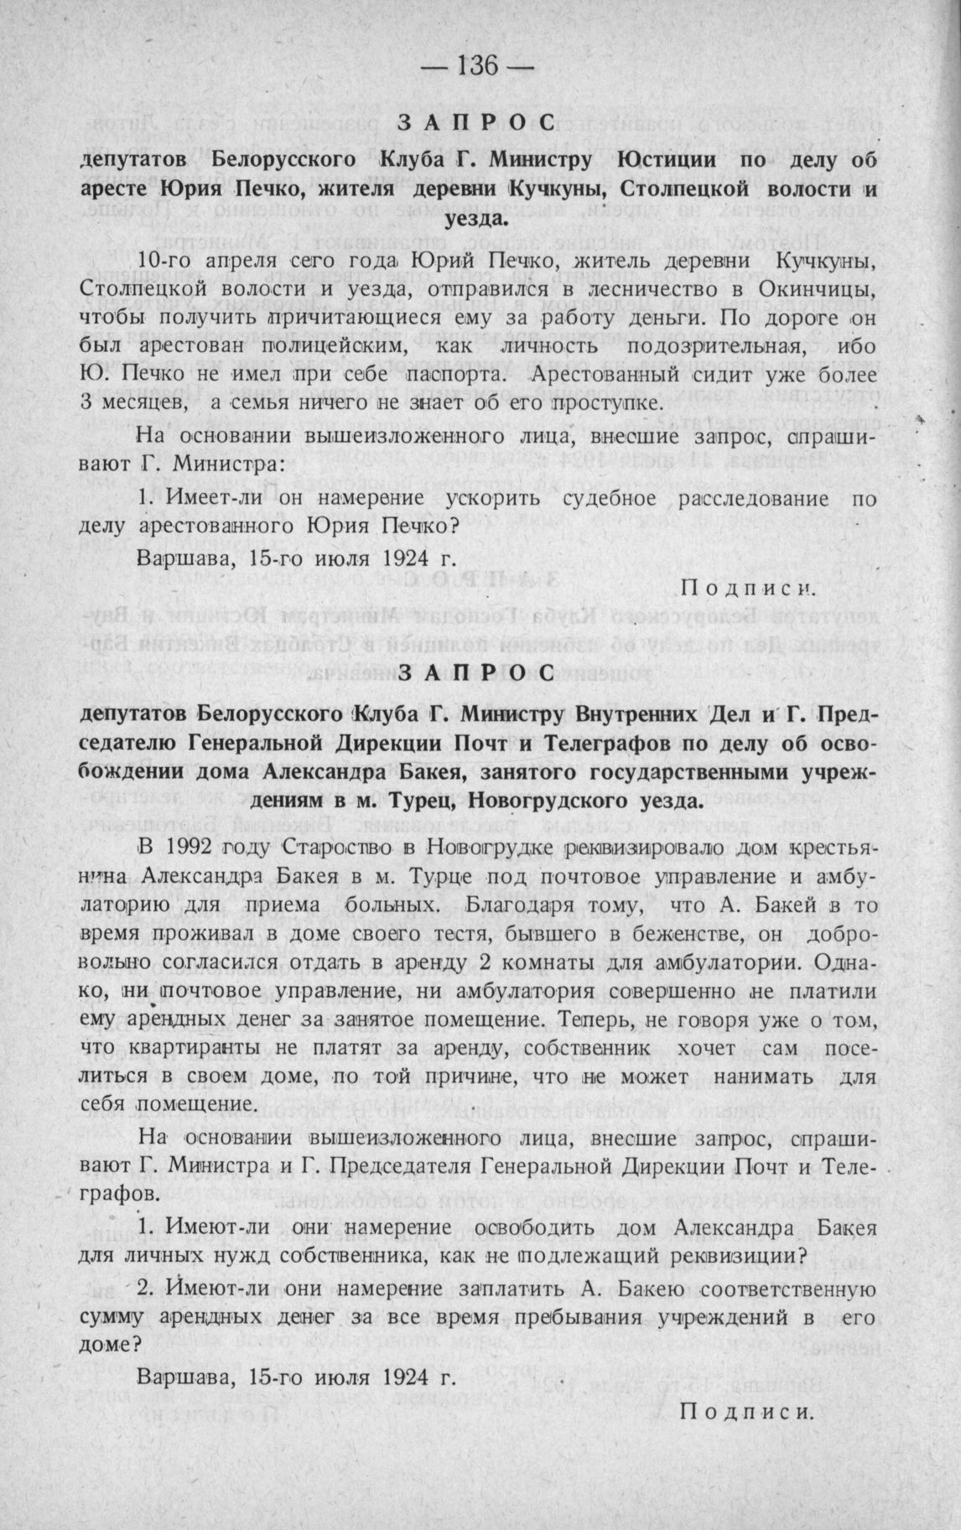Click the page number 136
(x=480, y=65)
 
